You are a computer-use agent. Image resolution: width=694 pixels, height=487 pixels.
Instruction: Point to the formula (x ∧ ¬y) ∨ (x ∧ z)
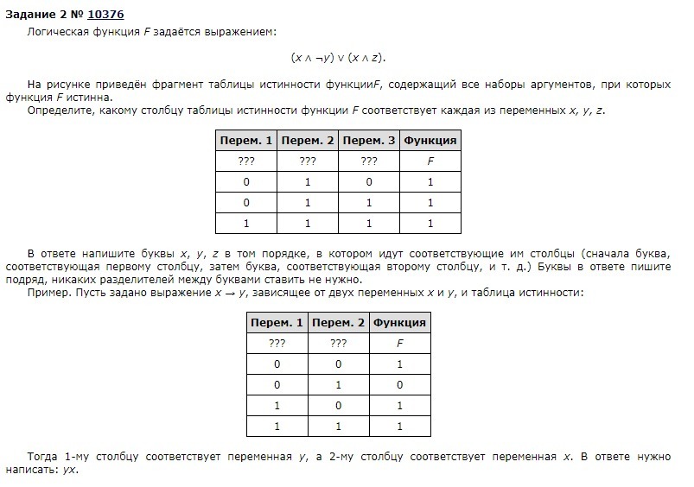338,57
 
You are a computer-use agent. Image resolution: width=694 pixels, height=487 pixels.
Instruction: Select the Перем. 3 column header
369,140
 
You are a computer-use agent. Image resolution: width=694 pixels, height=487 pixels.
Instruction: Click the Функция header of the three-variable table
430,140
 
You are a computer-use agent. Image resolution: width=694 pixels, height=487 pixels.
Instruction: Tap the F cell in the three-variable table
430,161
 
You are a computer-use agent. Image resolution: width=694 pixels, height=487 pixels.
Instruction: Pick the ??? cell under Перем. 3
369,161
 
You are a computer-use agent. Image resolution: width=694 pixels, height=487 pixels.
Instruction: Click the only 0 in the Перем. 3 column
369,182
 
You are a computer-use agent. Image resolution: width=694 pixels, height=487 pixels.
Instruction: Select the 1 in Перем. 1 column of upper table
246,224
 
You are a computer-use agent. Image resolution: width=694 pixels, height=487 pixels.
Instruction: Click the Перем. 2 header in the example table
339,323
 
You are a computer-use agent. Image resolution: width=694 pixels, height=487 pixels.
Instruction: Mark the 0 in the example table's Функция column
399,385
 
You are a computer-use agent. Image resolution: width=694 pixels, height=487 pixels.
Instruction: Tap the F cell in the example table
399,344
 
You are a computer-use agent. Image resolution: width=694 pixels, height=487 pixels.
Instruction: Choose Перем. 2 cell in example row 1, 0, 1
339,406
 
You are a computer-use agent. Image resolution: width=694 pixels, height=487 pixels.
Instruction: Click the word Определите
60,111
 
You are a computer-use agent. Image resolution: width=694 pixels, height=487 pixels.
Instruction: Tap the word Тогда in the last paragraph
43,455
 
